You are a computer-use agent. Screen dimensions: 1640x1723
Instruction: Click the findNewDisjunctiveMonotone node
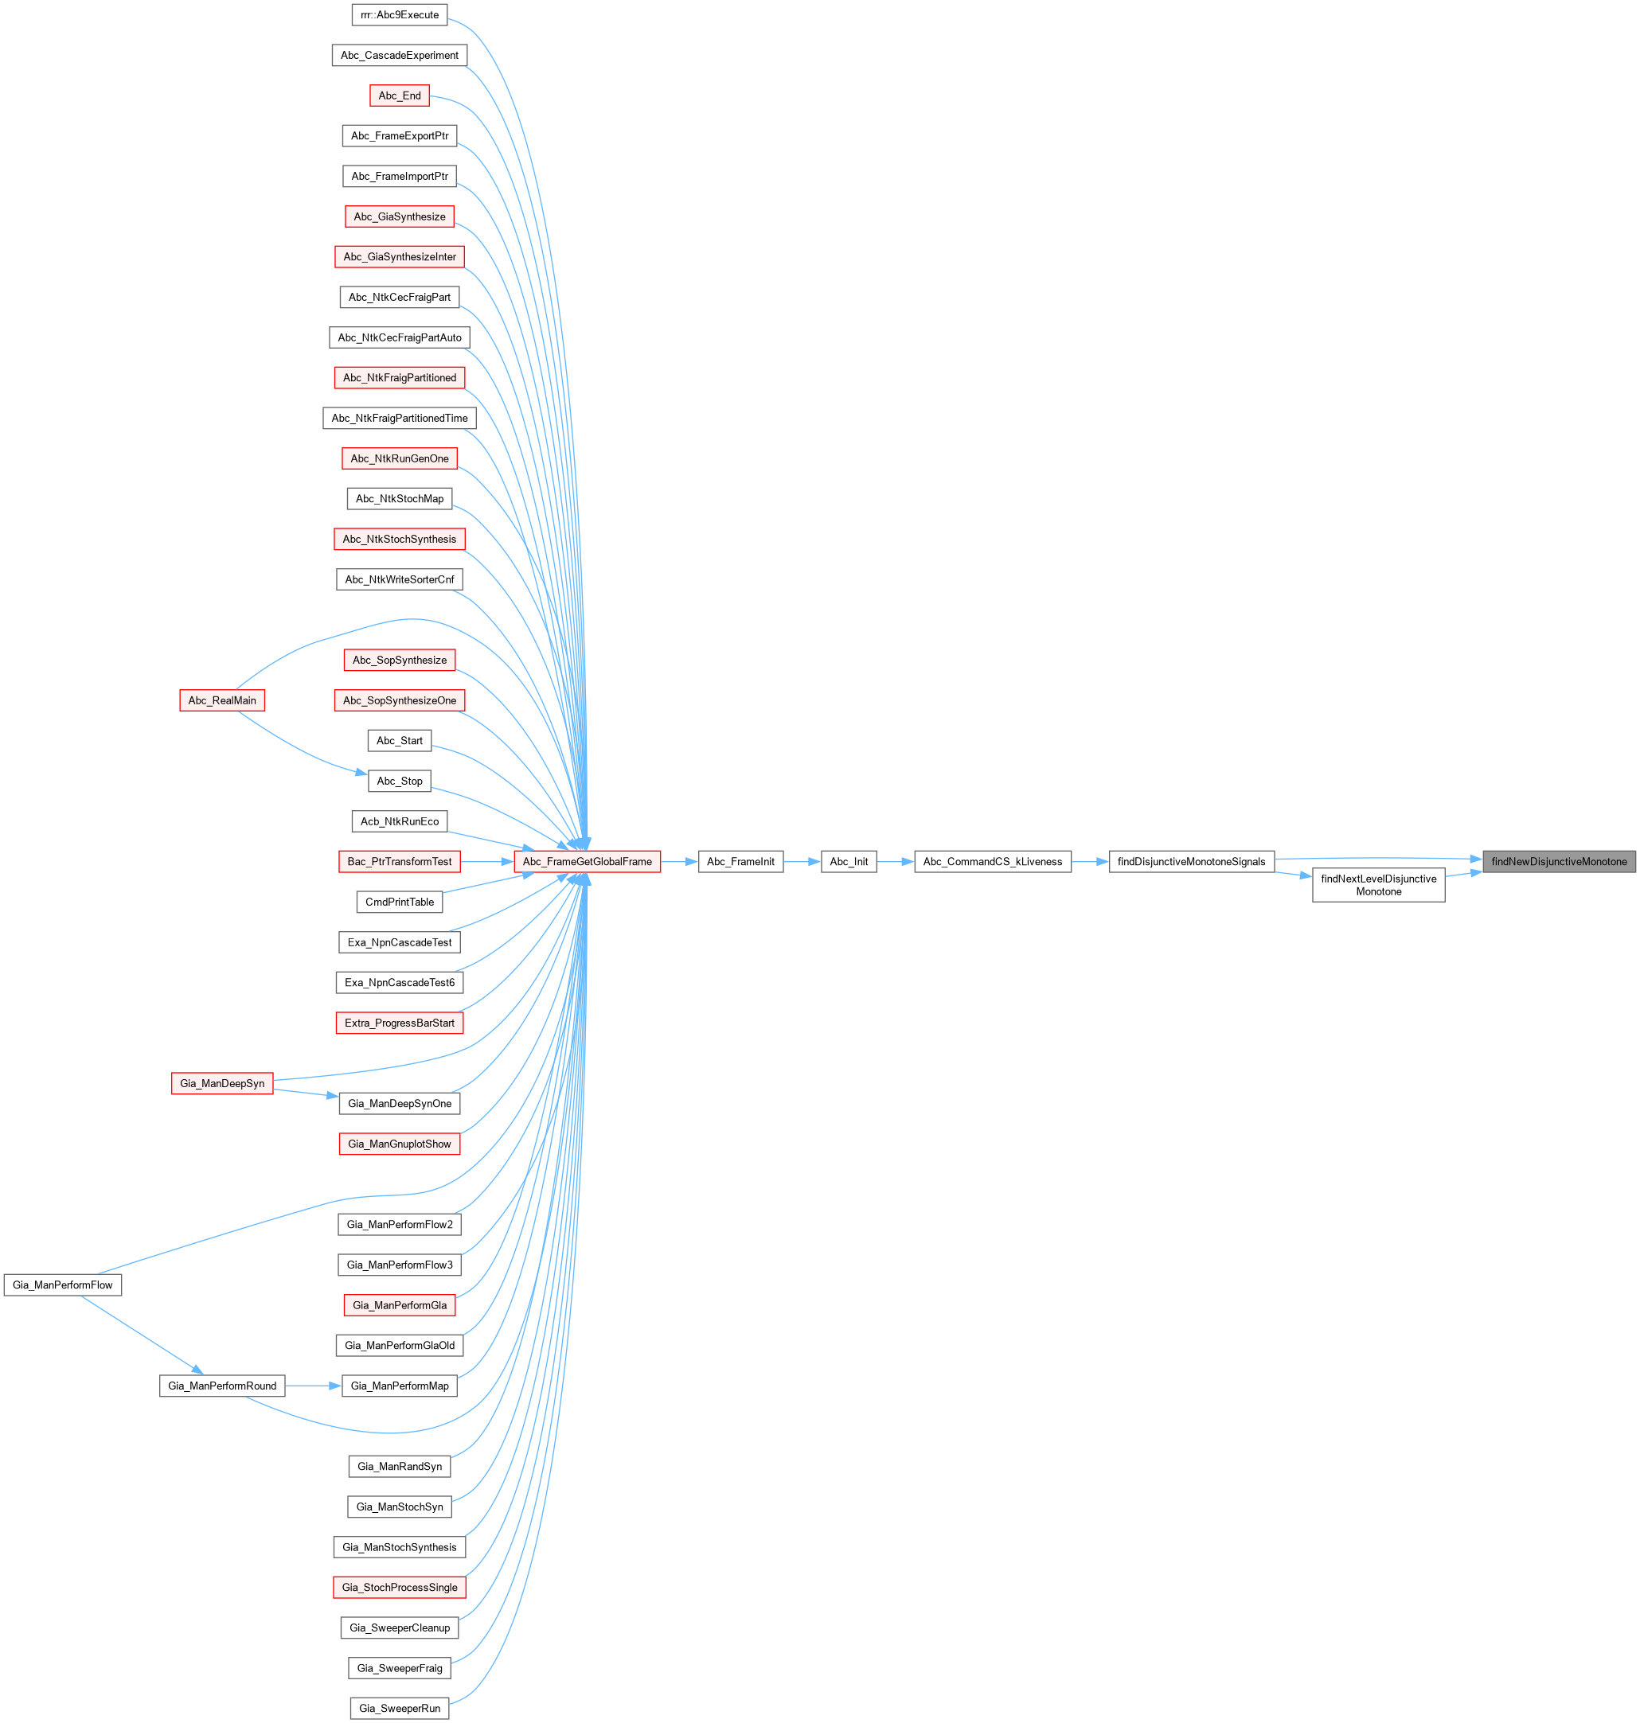pos(1559,861)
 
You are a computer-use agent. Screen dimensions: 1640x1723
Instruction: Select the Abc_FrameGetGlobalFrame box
pos(587,861)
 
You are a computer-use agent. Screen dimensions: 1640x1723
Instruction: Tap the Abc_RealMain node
pos(222,700)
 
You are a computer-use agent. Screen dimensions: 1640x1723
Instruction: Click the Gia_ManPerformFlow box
pos(63,1284)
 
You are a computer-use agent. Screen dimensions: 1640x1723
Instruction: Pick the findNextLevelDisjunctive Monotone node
pos(1379,885)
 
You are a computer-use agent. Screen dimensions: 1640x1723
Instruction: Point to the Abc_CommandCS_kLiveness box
pos(992,861)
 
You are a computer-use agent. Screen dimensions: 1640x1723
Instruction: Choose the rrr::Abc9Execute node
pos(400,15)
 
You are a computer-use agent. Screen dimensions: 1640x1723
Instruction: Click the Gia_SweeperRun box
pos(400,1708)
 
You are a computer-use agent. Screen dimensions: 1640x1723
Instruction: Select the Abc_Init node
pos(849,861)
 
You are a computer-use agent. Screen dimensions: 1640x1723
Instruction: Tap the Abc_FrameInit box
pos(740,861)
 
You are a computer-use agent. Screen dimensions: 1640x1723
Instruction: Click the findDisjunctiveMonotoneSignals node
pos(1192,861)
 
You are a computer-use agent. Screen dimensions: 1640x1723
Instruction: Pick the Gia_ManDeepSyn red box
pos(222,1083)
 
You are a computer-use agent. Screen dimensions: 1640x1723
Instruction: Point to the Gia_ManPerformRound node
pos(222,1386)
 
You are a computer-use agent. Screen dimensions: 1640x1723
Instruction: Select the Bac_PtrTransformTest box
pos(400,861)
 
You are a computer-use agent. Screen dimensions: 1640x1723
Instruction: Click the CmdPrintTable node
pos(400,902)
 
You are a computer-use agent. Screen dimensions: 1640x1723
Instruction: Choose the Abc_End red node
pos(400,96)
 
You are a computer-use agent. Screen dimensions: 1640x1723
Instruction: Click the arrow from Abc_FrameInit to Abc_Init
pos(802,861)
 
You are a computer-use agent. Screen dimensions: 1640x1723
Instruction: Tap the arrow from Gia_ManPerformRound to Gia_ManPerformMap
pos(313,1386)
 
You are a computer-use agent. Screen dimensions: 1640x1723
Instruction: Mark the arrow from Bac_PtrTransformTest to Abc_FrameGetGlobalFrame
pos(487,861)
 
